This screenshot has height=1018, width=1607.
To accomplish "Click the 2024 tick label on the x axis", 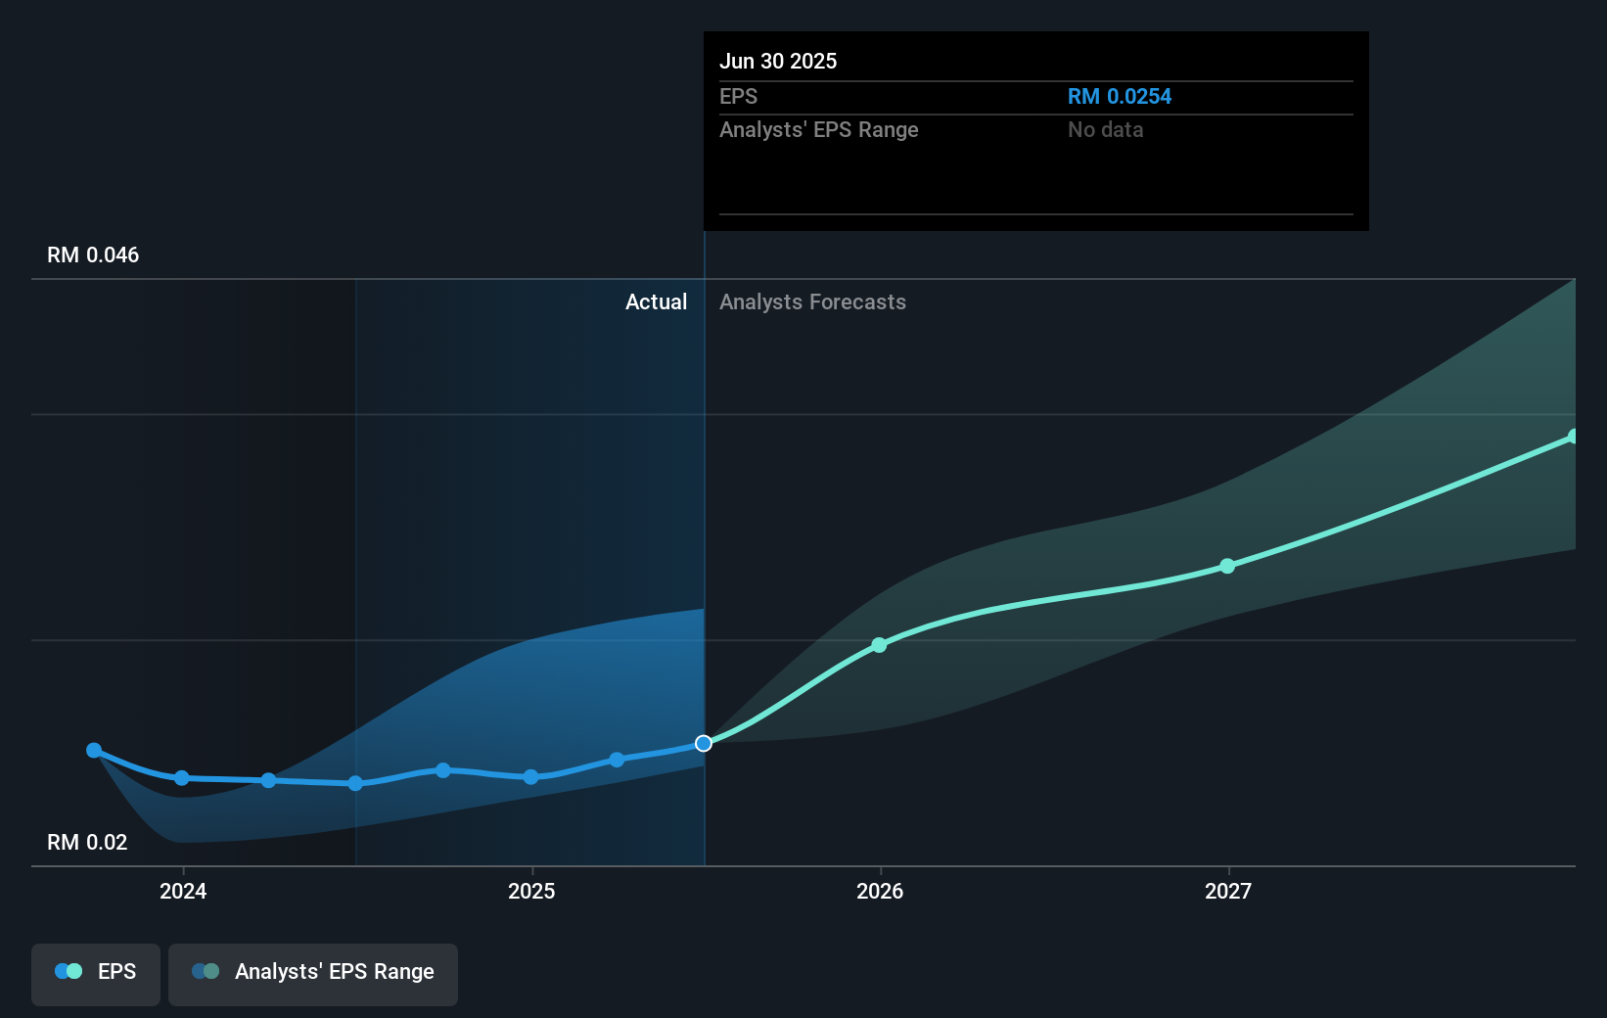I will click(183, 891).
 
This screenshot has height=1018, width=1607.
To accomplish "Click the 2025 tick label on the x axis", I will click(531, 891).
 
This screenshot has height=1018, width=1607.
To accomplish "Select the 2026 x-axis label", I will click(880, 891).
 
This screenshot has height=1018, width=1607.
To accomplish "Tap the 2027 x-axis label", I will click(1228, 891).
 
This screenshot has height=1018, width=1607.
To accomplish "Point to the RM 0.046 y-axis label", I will click(93, 255).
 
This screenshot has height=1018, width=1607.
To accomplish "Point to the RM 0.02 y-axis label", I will click(87, 843).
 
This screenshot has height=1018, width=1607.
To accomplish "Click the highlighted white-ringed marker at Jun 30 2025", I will click(704, 744).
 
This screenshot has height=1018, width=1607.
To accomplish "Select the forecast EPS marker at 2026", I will click(879, 645).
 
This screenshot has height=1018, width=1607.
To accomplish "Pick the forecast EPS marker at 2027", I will click(1227, 566).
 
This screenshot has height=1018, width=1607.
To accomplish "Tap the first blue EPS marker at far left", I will click(94, 751).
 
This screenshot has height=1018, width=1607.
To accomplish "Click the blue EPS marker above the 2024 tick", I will click(182, 778).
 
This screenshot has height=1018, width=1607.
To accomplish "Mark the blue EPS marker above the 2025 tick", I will click(530, 777).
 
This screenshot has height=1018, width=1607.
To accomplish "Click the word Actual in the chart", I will click(656, 302).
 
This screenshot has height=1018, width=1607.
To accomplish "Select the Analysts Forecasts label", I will click(812, 302).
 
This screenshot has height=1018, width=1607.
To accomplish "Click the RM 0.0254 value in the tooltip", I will click(1119, 97).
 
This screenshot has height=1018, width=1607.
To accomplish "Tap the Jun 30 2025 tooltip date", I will click(778, 61).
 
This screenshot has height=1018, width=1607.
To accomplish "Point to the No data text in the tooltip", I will click(1105, 130).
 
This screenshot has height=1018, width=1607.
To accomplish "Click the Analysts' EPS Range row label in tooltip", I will click(818, 130).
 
